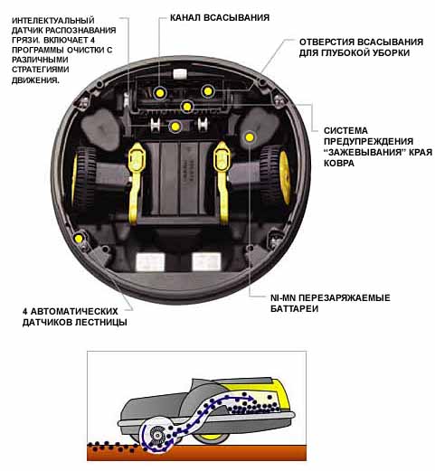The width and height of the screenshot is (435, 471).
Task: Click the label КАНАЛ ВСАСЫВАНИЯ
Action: click(220, 17)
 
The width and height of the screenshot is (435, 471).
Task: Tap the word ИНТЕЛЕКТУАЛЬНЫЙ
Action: click(53, 21)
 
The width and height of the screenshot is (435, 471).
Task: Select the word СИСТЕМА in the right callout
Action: click(345, 131)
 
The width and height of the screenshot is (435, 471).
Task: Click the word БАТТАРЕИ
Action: click(294, 309)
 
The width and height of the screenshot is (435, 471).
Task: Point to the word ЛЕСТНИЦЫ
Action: click(100, 322)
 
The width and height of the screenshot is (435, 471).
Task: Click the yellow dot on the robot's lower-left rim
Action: click(79, 239)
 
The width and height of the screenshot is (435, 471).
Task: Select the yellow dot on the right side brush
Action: click(250, 137)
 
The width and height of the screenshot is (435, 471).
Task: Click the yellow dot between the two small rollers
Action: click(175, 127)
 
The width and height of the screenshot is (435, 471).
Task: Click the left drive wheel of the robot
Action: click(83, 178)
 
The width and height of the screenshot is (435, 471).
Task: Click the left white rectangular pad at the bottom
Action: click(150, 261)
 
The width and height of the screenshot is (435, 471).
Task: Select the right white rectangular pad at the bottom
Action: click(206, 261)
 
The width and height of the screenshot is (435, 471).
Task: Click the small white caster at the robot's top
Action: click(180, 74)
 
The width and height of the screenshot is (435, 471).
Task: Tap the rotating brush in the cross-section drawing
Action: click(157, 435)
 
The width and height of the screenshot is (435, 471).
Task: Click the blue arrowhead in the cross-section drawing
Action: click(250, 399)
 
